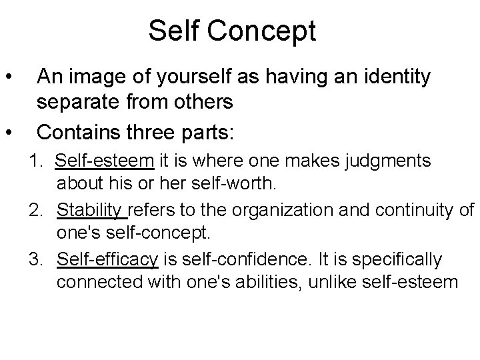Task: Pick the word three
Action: coord(157,131)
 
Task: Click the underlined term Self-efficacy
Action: coord(107,259)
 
